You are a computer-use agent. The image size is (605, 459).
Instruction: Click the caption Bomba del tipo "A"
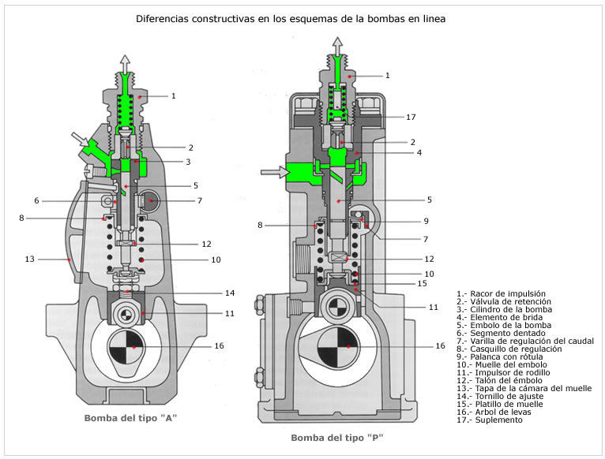tap(130, 418)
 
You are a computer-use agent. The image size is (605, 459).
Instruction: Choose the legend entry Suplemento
tap(490, 420)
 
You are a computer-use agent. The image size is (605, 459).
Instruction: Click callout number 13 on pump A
tap(31, 259)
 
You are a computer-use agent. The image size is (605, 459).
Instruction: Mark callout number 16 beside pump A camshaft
tap(219, 346)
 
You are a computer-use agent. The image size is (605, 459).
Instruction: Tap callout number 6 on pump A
tap(36, 201)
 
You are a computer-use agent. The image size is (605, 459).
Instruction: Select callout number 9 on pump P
tap(426, 221)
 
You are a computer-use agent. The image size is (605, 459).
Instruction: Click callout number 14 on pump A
tap(229, 293)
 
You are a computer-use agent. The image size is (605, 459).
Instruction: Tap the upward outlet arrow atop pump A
tap(124, 63)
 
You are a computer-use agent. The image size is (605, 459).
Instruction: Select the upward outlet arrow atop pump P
tap(337, 45)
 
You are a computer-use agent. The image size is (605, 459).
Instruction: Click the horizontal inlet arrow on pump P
tap(272, 170)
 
